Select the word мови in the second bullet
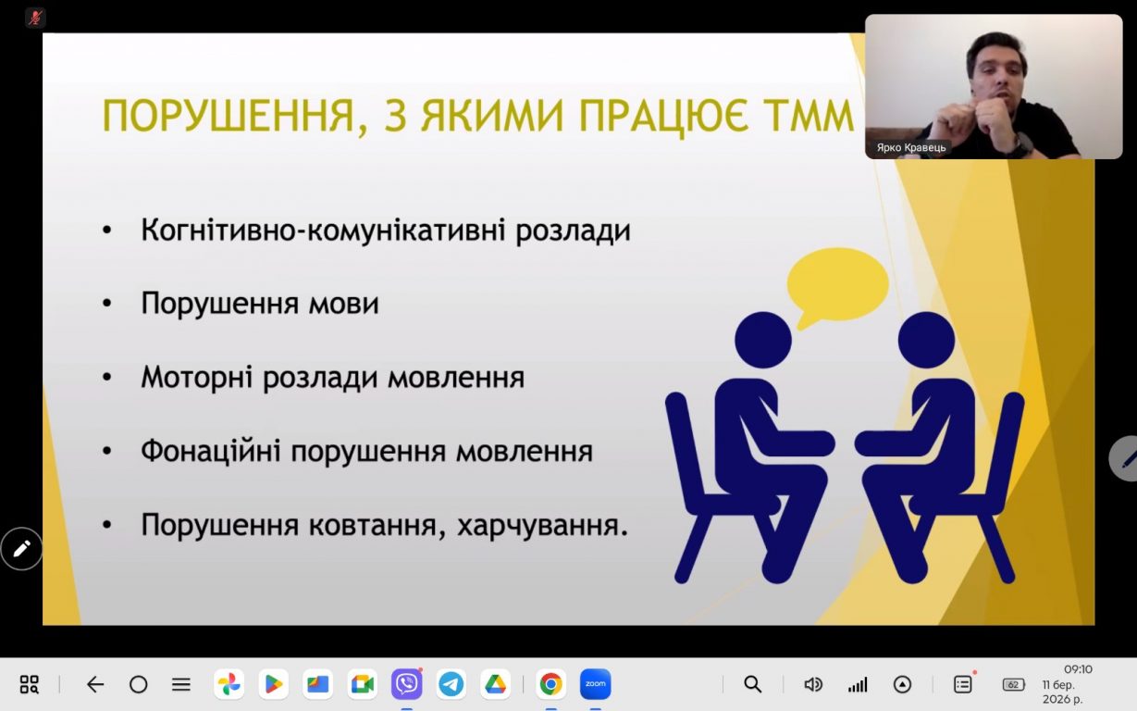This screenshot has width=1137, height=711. pos(343,304)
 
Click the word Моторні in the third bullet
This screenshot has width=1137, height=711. pos(196,379)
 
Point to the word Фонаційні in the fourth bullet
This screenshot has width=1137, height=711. pos(211,451)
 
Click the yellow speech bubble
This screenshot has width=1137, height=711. pos(837,285)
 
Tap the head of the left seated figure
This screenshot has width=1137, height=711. pos(763,340)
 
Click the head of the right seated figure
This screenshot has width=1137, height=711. pos(926,340)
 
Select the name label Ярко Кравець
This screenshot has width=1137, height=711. pos(911,148)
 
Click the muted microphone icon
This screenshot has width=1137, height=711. pos(35,19)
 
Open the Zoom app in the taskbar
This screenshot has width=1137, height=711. pos(596,684)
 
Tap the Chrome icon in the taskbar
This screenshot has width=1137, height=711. pos(550,684)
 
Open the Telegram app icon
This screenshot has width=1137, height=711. pos(451,684)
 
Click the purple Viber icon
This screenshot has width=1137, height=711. pos(406,684)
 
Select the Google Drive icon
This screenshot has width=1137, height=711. pos(495,684)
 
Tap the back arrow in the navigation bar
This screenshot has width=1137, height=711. pos(95,684)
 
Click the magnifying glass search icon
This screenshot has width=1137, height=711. pos(753,684)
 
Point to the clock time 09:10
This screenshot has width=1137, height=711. pos(1078,669)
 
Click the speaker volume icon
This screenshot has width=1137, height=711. pos(813,684)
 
